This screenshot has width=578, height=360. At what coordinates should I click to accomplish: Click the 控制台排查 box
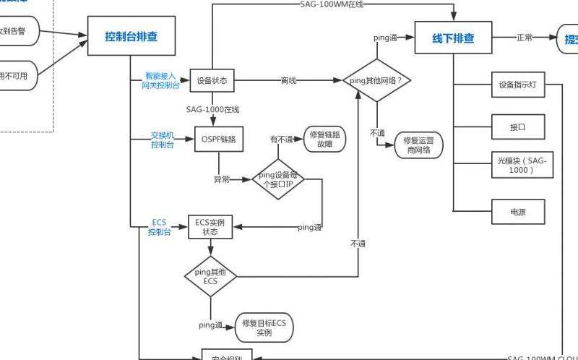(131, 37)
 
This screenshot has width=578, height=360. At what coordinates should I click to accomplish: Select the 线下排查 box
(453, 37)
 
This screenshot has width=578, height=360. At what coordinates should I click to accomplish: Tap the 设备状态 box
(212, 80)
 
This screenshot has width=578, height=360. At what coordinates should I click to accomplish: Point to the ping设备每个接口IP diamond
(278, 179)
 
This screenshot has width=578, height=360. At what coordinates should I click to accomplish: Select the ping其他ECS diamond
(210, 276)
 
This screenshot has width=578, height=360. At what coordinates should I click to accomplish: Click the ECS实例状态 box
(210, 227)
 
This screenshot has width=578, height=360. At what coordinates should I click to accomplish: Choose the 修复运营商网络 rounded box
(418, 145)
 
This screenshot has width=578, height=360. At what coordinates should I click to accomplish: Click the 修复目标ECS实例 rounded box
(264, 328)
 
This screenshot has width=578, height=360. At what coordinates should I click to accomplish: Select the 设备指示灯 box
(517, 85)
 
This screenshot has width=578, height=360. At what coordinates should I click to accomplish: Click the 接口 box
(517, 127)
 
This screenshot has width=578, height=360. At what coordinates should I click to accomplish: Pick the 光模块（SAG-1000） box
(517, 166)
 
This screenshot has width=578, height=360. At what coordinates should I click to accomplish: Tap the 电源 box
(517, 212)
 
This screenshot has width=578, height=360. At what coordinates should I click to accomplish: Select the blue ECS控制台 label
(160, 227)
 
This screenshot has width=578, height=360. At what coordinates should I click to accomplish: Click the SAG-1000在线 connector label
(212, 109)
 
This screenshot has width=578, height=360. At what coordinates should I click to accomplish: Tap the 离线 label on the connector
(288, 80)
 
